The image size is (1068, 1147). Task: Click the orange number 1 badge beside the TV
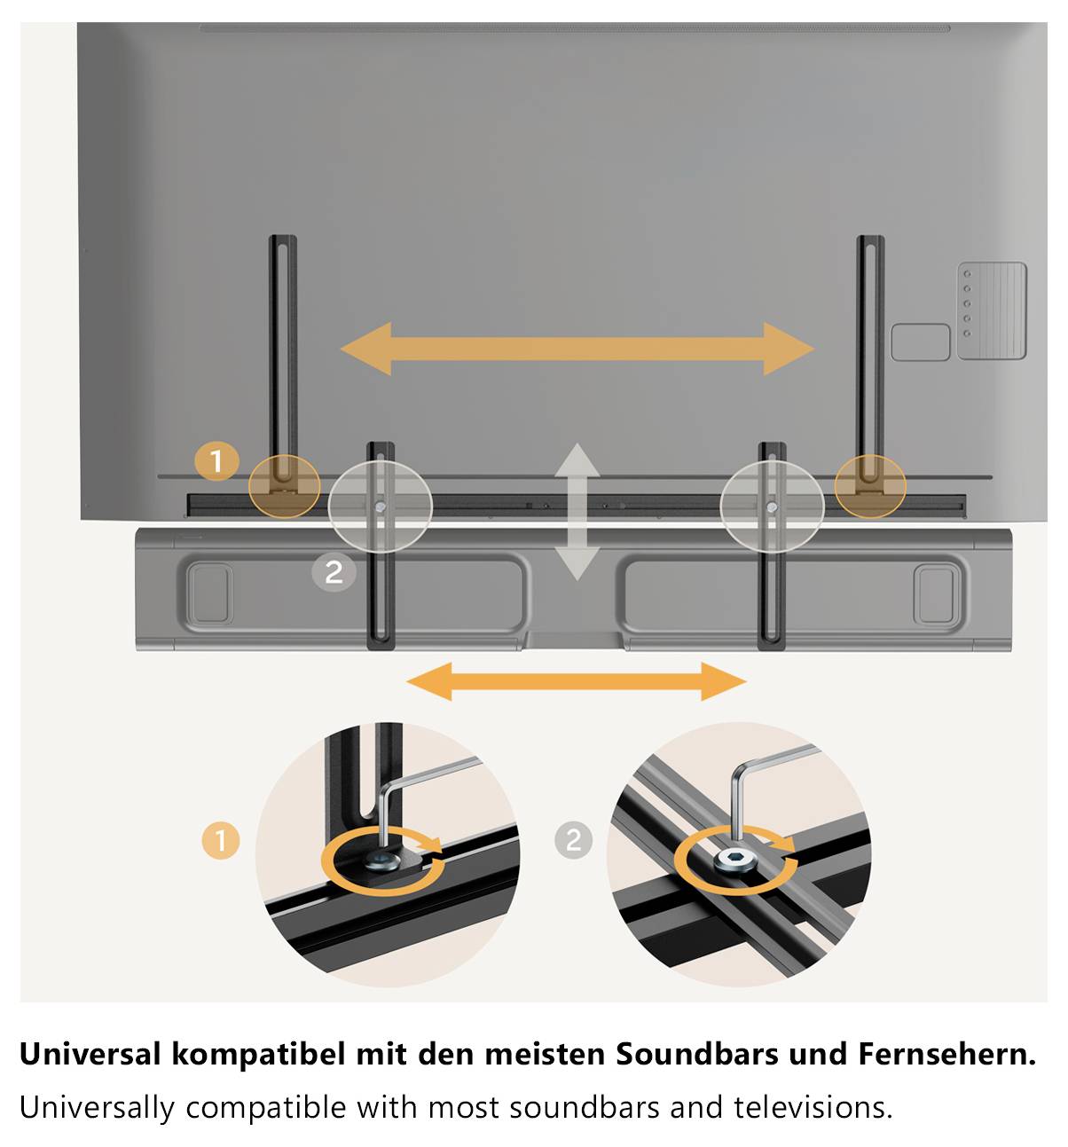tap(217, 461)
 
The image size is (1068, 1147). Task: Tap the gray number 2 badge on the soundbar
tap(334, 572)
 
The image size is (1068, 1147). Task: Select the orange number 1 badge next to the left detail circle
tap(221, 840)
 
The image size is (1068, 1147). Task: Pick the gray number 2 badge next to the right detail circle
tap(573, 840)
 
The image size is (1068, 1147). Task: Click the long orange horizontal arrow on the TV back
tap(577, 349)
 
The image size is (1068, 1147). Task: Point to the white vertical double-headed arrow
tap(577, 512)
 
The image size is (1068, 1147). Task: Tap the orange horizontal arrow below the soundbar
tap(577, 681)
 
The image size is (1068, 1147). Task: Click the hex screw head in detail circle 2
tap(735, 859)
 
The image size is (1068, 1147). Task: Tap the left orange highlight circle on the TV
tap(284, 486)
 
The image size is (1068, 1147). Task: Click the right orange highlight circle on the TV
tap(870, 486)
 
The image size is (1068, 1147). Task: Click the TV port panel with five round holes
tap(992, 310)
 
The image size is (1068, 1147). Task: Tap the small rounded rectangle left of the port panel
tap(921, 342)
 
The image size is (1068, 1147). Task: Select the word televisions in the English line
tap(813, 1107)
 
